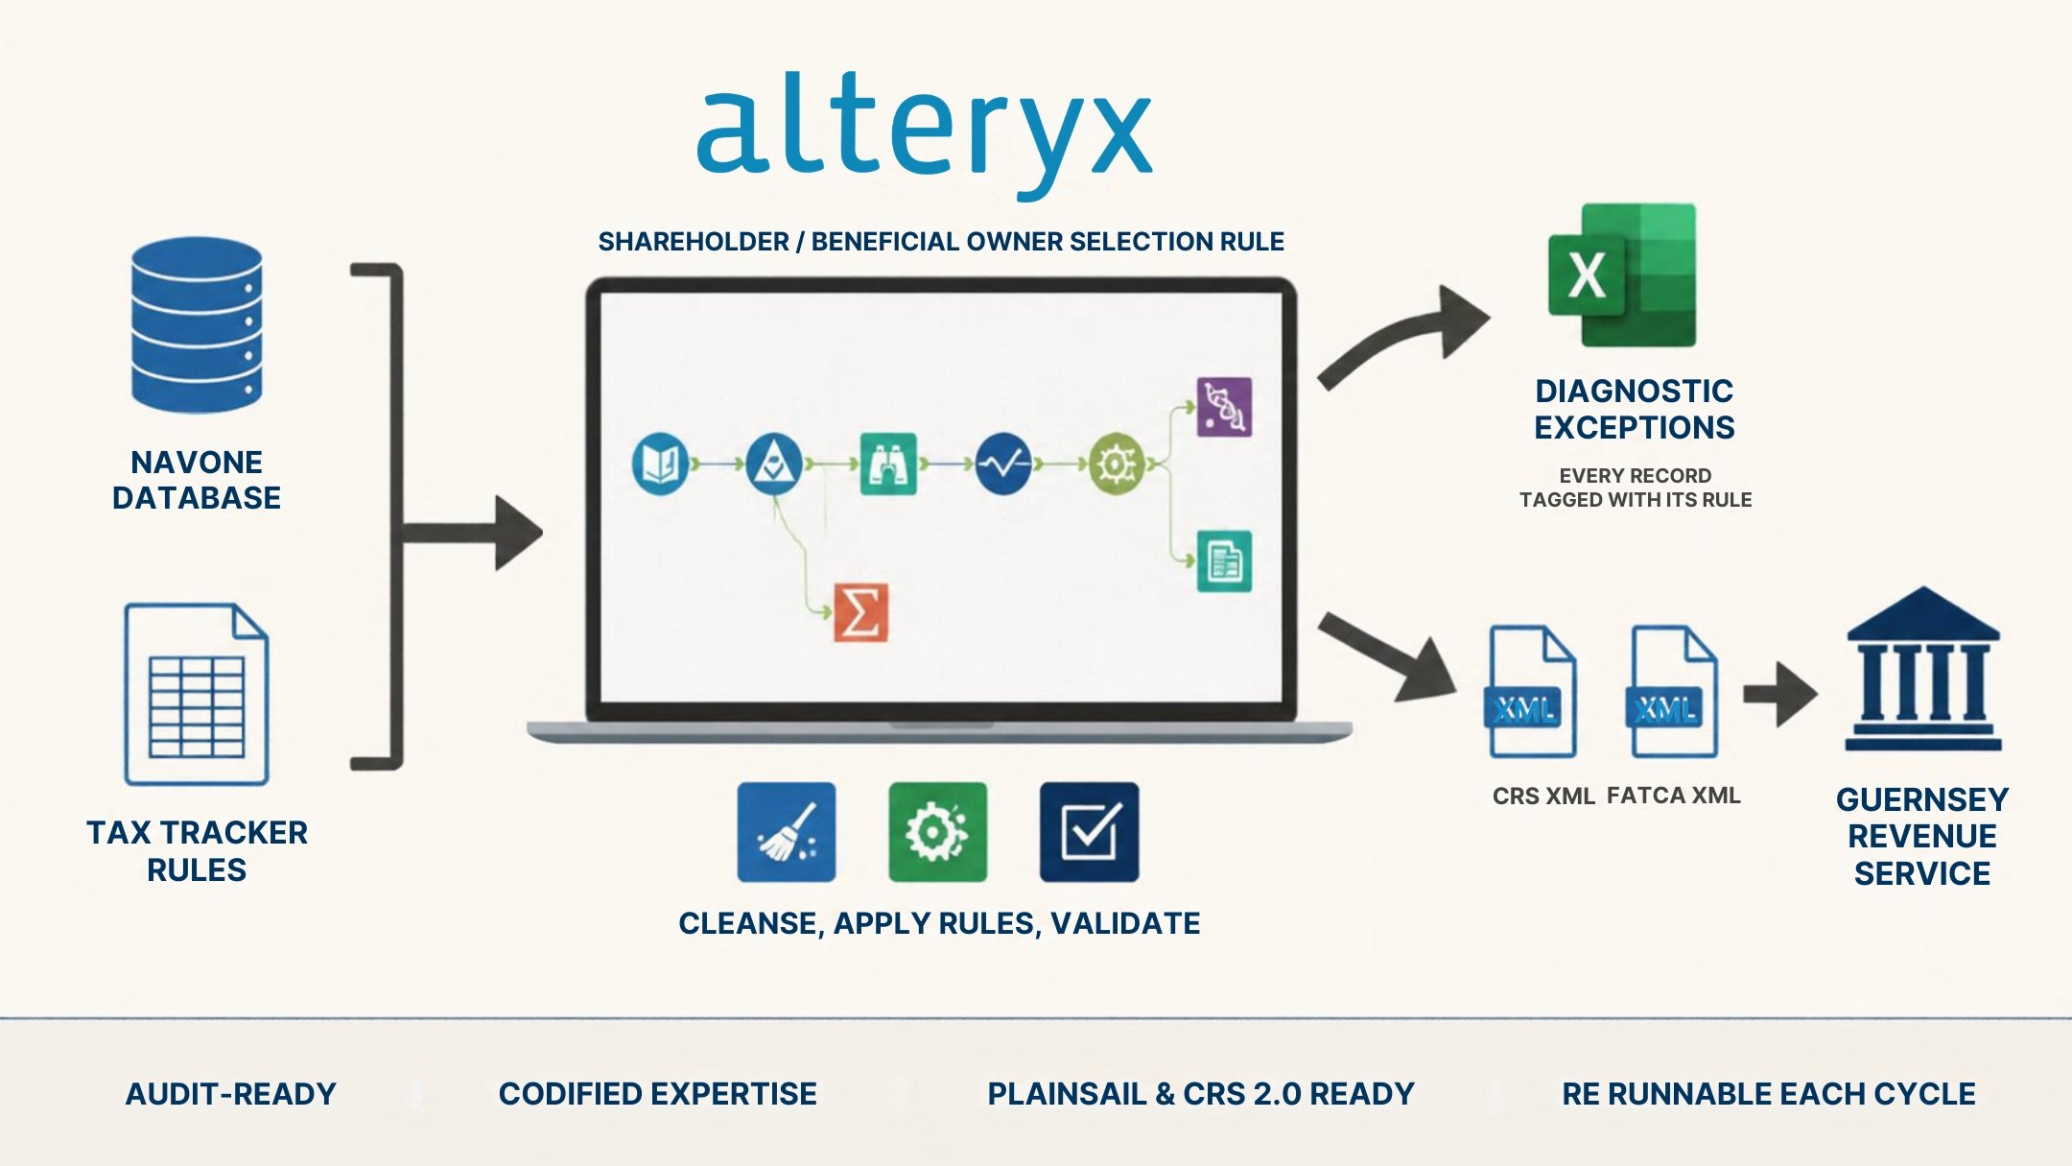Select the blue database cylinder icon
pos(197,324)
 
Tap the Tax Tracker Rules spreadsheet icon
pos(197,694)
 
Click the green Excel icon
pos(1622,274)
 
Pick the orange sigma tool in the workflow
pos(860,612)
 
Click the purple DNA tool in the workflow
pos(1224,407)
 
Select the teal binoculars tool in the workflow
pos(888,464)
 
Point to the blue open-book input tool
pos(660,464)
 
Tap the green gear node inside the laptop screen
pos(1117,464)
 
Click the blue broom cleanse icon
pos(787,832)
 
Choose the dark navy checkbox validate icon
pos(1090,832)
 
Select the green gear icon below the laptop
pos(938,832)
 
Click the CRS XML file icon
pos(1531,691)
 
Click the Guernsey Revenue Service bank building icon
pos(1923,669)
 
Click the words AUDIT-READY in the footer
pos(231,1094)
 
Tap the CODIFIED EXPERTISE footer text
pos(658,1094)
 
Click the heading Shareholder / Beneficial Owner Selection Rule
pos(941,242)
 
